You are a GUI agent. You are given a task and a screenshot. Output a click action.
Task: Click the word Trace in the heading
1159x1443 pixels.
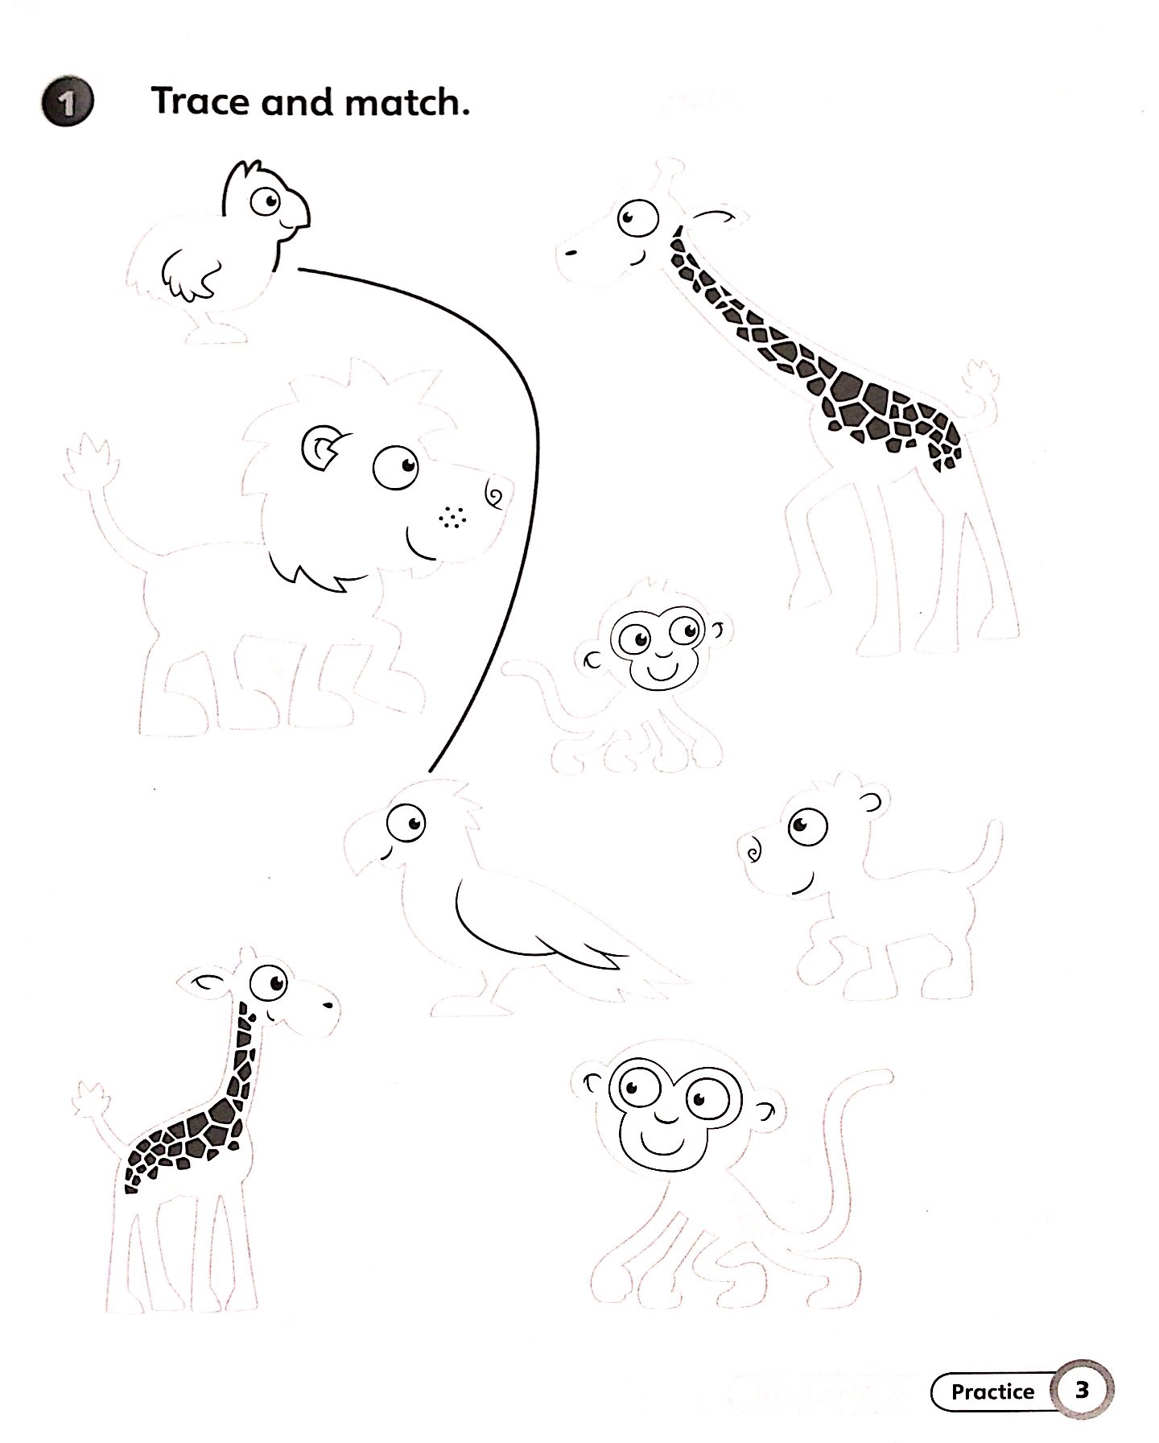click(201, 102)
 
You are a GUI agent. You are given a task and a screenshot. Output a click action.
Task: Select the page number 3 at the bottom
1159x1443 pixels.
click(1082, 1390)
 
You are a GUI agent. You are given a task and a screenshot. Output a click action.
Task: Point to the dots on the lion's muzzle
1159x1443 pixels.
click(453, 518)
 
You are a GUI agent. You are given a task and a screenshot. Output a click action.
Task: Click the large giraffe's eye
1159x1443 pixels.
click(638, 217)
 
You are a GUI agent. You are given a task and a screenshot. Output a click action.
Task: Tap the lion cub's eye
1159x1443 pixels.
click(806, 826)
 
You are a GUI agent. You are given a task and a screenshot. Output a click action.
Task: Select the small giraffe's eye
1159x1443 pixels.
click(268, 983)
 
